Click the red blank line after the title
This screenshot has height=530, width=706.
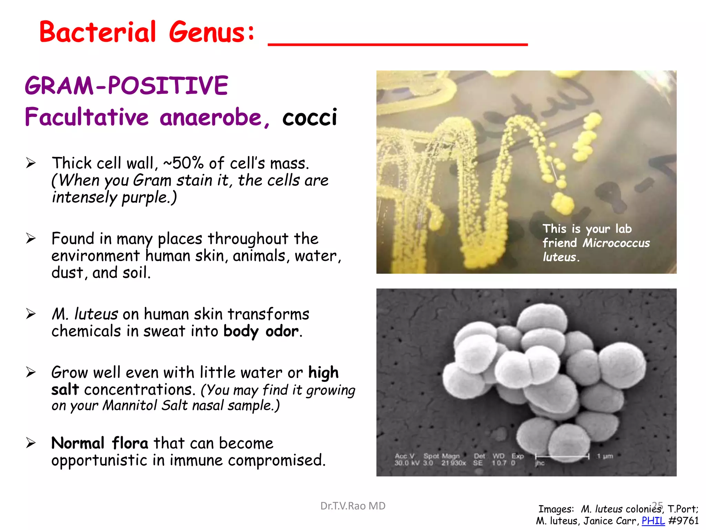click(x=397, y=44)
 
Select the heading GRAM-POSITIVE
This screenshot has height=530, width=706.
click(x=127, y=86)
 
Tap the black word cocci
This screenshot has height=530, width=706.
click(x=309, y=117)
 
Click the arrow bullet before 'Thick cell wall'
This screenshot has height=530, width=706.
click(x=31, y=163)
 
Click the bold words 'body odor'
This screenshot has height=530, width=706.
click(x=261, y=331)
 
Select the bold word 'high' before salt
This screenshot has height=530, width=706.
click(x=323, y=373)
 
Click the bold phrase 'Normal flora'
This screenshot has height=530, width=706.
click(x=100, y=443)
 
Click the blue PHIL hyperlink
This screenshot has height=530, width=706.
click(x=653, y=521)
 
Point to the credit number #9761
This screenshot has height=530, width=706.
click(x=683, y=521)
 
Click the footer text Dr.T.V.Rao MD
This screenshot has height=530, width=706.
click(x=353, y=506)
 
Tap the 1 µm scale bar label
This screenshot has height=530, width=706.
click(x=605, y=456)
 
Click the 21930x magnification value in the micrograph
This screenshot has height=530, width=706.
click(x=453, y=463)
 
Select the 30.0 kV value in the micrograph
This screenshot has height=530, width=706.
click(x=407, y=463)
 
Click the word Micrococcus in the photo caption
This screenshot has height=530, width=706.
click(x=616, y=243)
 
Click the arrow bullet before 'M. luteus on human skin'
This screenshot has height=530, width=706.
click(x=31, y=314)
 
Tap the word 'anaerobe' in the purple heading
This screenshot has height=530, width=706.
click(x=211, y=117)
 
